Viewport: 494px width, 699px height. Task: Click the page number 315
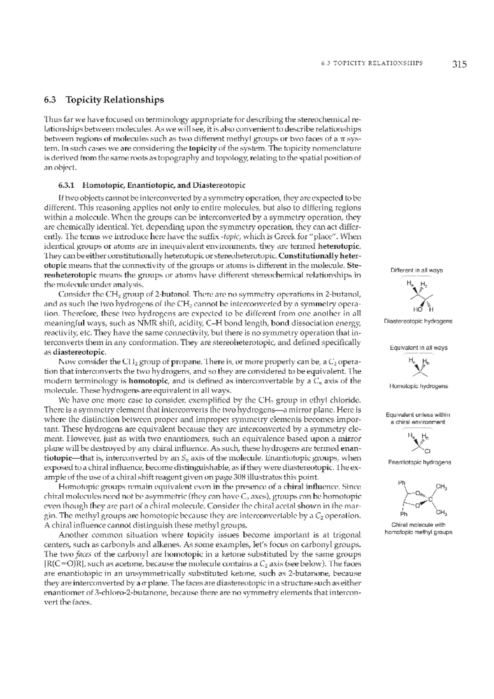pos(459,64)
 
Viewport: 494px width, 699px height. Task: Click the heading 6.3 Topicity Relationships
pos(104,100)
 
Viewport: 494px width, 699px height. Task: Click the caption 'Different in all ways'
pos(417,270)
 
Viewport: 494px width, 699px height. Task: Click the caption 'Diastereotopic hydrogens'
pos(418,321)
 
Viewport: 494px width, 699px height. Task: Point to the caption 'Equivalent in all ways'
pos(419,348)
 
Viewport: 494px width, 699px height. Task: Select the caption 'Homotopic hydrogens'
pos(419,386)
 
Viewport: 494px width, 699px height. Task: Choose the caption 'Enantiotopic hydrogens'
pos(419,462)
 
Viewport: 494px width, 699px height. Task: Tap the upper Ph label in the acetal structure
pos(402,482)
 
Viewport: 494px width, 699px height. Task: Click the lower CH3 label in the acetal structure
pos(442,513)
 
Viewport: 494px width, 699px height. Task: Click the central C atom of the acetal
pos(430,499)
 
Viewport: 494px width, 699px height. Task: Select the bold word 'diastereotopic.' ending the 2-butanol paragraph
pos(79,352)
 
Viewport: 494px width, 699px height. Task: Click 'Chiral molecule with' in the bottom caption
pos(418,525)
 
